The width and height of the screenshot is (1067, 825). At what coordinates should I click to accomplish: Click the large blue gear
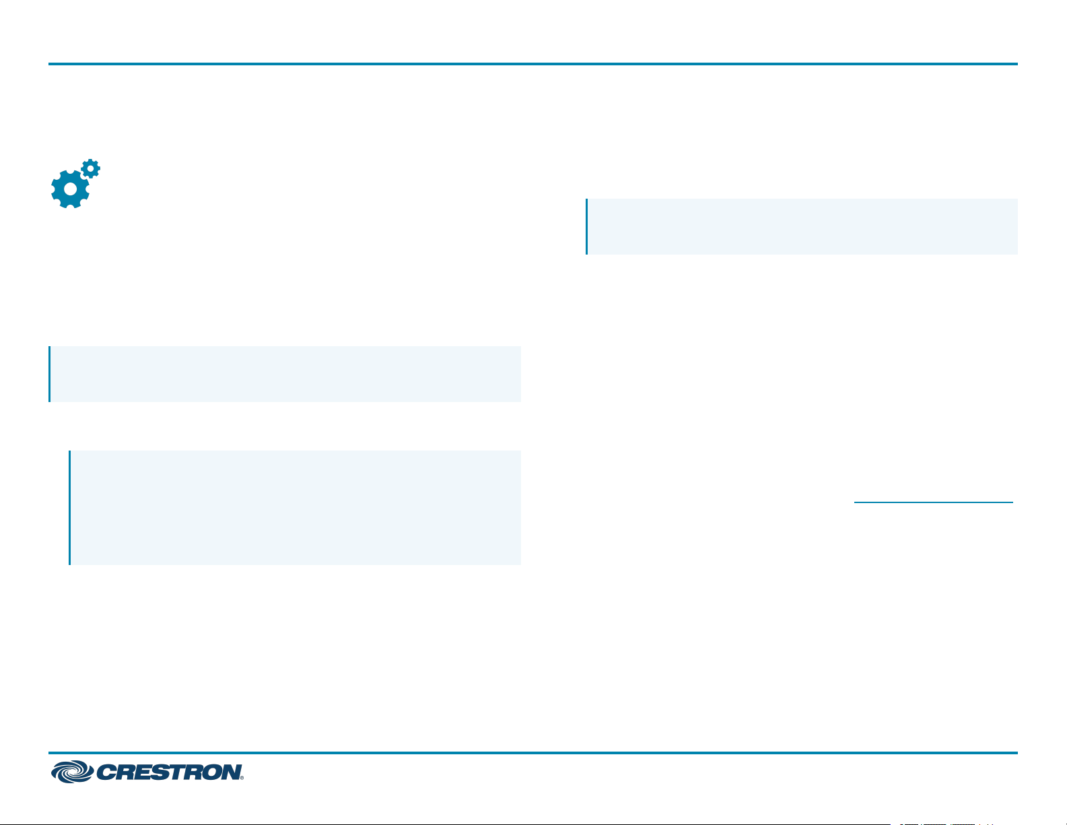coord(70,189)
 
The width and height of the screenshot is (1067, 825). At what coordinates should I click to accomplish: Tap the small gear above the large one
coord(90,168)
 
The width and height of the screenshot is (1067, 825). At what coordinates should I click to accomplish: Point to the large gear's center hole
coord(70,189)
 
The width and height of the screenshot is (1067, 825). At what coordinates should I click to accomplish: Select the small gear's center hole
coord(90,168)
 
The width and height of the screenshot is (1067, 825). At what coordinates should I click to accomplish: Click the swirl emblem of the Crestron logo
coord(72,772)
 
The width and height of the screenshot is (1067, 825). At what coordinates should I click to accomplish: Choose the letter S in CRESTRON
coord(164,772)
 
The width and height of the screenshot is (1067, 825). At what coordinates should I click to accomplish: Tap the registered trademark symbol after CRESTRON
coord(242,778)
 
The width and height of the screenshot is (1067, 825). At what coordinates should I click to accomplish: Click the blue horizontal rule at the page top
coord(532,64)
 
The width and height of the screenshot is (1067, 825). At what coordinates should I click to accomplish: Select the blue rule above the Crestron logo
coord(532,753)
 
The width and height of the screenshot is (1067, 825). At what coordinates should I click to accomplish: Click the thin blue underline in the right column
coord(934,502)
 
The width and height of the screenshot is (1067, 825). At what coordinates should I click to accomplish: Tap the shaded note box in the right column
coord(802,226)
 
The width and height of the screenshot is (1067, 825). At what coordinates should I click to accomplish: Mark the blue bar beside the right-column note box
coord(586,226)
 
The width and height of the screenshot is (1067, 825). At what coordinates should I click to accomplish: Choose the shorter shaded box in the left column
coord(285,374)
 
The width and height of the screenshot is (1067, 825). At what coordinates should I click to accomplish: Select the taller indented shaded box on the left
coord(296,508)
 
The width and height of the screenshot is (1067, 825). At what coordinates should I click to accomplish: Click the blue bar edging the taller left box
coord(70,508)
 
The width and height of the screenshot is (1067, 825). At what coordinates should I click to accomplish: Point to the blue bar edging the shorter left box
coord(49,374)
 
